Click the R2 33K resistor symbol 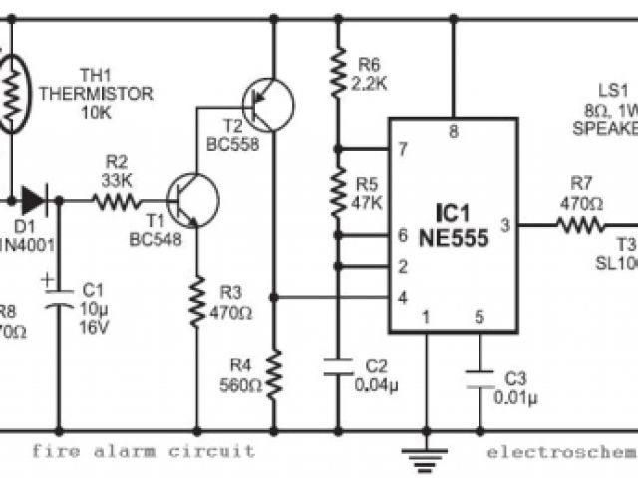click(118, 200)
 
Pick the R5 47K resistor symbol click(338, 190)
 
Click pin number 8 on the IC click(454, 131)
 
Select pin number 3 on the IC click(505, 226)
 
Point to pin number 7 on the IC click(402, 149)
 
